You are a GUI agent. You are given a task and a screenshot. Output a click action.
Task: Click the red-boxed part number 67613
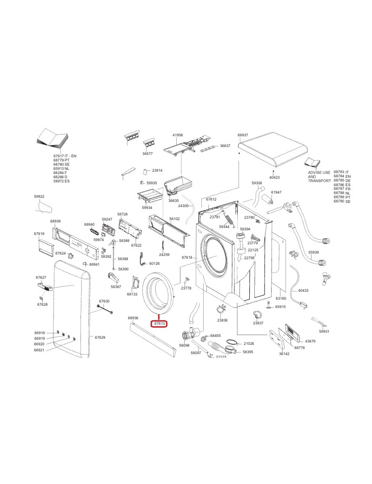(159, 323)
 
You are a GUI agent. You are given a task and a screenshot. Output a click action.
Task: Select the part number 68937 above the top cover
(243, 135)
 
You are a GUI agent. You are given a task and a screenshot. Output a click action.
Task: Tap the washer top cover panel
(274, 149)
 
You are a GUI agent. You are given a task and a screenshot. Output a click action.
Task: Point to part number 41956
(178, 135)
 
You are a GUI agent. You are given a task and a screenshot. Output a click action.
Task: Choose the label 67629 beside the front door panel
(100, 337)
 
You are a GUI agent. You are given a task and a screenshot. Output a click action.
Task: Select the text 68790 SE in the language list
(342, 201)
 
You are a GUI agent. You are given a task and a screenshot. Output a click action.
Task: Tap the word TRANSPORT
(319, 181)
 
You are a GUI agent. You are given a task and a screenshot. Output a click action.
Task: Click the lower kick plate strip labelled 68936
(153, 339)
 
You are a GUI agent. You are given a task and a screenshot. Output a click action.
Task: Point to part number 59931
(324, 331)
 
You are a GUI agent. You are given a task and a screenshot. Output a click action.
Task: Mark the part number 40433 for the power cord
(303, 290)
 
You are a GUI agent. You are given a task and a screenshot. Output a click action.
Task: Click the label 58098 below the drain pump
(184, 345)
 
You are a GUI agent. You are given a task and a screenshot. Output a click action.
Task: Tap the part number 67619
(39, 234)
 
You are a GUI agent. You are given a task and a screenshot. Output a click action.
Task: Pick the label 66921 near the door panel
(39, 350)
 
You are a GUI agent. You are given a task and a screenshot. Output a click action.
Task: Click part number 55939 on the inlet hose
(313, 252)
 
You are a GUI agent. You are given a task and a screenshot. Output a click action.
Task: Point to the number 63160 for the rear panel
(281, 298)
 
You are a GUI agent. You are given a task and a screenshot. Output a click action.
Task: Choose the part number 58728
(122, 214)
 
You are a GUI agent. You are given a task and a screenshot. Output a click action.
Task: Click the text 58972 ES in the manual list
(61, 181)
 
